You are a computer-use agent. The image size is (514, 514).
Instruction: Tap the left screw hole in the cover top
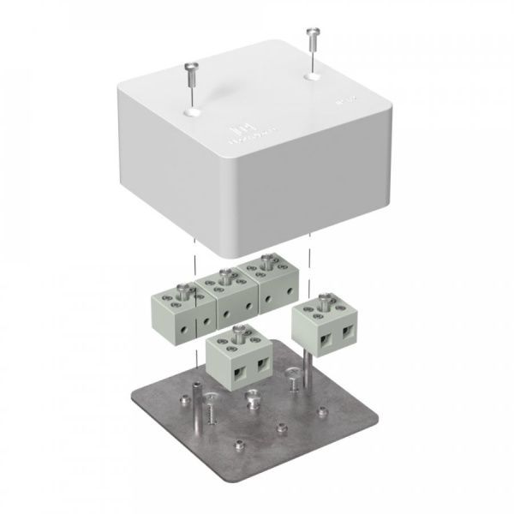click(x=192, y=109)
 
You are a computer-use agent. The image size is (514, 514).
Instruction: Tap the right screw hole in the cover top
click(x=309, y=77)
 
